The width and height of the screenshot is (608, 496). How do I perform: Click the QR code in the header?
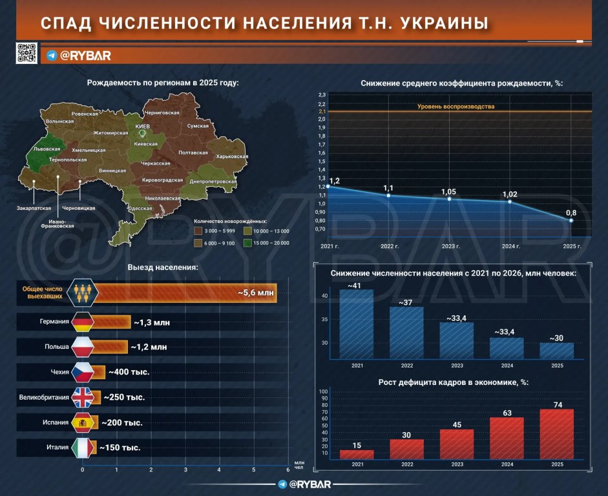(x=26, y=53)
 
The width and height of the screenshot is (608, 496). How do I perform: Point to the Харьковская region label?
(x=232, y=156)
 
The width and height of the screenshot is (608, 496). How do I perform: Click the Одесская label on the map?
(x=139, y=208)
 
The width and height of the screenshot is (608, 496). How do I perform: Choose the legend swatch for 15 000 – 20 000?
(x=247, y=243)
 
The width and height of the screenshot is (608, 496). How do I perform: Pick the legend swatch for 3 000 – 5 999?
(x=198, y=231)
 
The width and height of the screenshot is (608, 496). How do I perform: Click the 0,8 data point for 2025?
(x=571, y=220)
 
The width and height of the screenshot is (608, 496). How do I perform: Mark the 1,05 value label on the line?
(x=448, y=192)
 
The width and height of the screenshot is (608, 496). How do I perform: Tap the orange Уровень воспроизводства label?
(x=456, y=106)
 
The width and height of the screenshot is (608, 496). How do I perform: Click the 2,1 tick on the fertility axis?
(x=322, y=111)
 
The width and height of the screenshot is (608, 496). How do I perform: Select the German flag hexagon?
(x=82, y=321)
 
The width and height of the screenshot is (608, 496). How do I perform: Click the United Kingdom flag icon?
(x=82, y=397)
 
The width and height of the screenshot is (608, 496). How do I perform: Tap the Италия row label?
(x=58, y=447)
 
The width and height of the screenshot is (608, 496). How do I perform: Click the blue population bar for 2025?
(x=556, y=351)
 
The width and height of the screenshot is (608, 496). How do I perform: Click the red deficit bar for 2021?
(x=357, y=454)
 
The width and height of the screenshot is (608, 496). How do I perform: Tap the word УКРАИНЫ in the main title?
(x=444, y=23)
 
